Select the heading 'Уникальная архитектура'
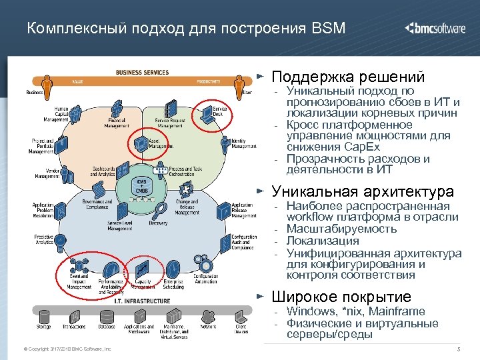pos(363,192)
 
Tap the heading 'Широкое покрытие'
pos(342,297)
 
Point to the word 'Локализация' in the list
pos(323,241)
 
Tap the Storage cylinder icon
pos(44,315)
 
